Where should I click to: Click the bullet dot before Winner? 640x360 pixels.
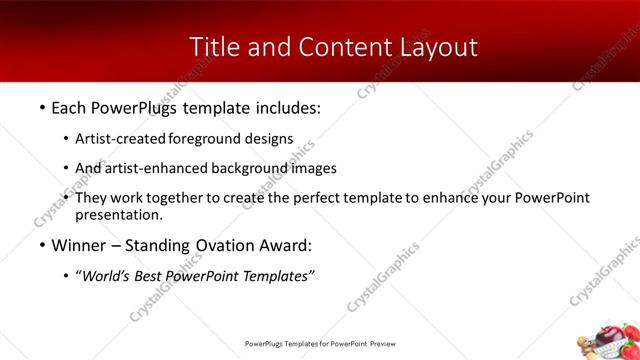(41, 244)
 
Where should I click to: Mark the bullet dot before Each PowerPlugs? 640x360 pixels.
(41, 106)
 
